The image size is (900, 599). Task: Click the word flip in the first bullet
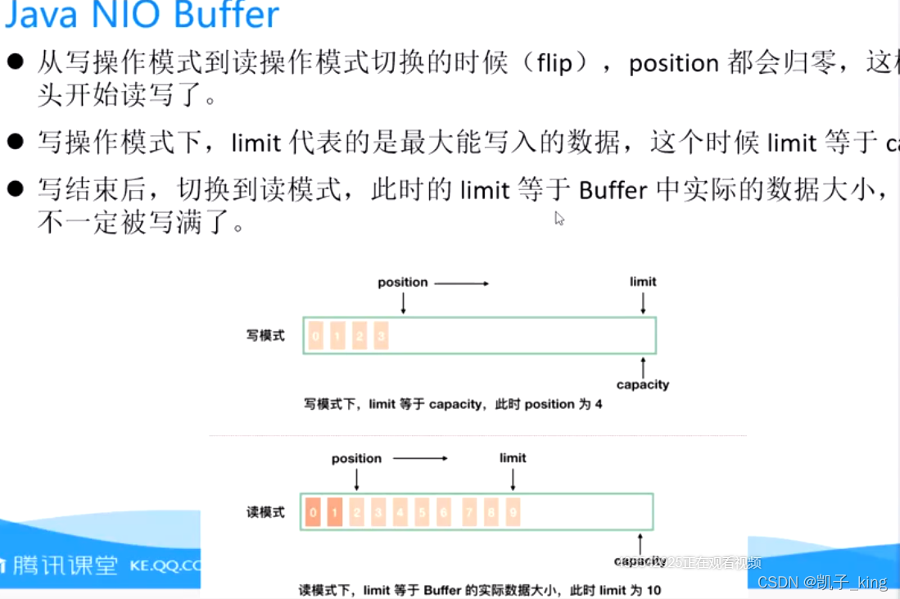554,63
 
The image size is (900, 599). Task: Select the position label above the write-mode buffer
402,282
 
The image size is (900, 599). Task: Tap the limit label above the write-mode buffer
643,281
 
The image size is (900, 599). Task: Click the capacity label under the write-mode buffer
643,384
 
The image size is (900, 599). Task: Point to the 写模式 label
265,336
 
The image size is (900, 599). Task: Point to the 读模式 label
265,512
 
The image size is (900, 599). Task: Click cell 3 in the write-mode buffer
381,336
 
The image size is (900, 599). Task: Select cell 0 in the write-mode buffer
316,336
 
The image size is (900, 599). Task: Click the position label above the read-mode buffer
356,458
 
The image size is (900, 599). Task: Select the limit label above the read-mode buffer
513,457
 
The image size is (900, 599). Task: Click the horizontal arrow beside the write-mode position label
461,283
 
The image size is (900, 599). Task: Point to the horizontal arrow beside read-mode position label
420,458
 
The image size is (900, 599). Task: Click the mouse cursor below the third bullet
559,218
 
